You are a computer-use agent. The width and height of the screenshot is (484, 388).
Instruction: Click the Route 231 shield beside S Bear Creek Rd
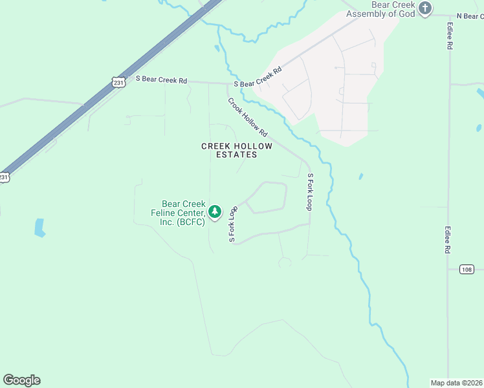117,83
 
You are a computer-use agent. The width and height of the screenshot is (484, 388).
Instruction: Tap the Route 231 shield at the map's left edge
4,177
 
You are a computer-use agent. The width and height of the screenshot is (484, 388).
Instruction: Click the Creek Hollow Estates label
237,151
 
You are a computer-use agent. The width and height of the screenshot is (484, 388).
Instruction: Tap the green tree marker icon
215,211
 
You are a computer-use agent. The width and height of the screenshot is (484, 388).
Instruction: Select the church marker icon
424,8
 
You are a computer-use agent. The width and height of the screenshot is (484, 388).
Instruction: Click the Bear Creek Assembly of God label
380,8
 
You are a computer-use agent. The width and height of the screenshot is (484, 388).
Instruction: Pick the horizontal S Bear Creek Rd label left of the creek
161,80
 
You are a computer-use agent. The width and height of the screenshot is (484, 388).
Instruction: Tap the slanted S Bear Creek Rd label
258,78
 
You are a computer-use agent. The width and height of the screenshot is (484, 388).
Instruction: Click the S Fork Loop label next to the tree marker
233,224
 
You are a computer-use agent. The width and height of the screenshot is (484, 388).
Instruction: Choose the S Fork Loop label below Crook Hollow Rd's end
310,191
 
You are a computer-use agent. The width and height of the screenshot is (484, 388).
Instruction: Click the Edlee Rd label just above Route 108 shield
447,240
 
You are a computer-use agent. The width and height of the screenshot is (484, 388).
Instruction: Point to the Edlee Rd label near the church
449,37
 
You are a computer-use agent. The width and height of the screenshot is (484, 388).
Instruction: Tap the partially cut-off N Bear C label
470,16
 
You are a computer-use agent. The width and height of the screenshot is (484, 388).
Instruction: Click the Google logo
21,380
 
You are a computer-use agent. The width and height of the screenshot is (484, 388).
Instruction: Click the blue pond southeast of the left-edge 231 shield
39,227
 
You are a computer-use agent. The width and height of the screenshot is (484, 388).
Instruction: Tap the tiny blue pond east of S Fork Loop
360,176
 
